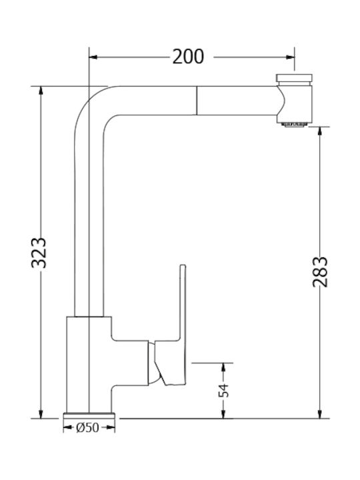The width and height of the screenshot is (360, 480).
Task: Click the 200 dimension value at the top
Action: [x=188, y=57]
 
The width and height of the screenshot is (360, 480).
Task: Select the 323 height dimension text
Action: [x=40, y=252]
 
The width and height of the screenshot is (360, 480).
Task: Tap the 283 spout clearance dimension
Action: [x=321, y=271]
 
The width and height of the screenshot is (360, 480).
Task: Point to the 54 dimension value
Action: [x=225, y=390]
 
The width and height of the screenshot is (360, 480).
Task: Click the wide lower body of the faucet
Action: [x=89, y=363]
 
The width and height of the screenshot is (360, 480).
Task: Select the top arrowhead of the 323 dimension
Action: [x=41, y=91]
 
